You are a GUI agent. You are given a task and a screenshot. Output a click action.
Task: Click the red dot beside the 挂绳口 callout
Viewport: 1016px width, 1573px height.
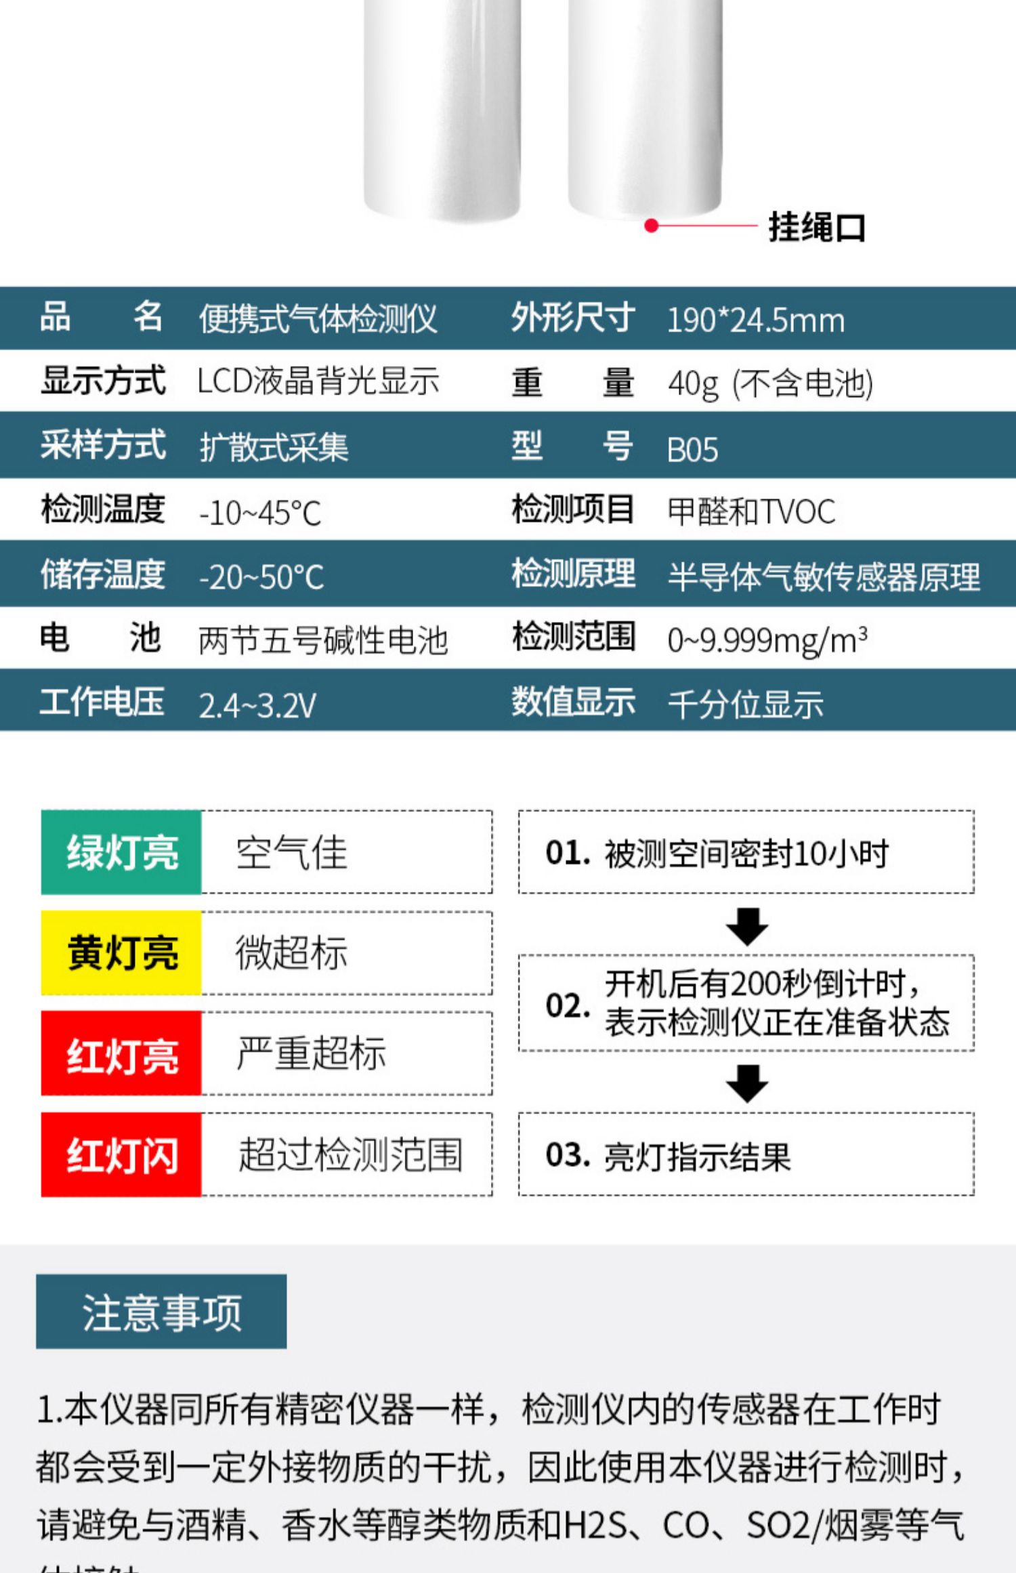(652, 226)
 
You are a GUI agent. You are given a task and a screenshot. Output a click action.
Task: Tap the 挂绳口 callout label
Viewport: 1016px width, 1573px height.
(817, 227)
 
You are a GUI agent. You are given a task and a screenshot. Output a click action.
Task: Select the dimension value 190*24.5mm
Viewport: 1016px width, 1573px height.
(756, 320)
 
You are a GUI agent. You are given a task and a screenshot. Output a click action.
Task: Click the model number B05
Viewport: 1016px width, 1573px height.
(692, 449)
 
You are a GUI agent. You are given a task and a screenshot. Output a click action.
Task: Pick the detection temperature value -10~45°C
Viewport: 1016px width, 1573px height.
(260, 513)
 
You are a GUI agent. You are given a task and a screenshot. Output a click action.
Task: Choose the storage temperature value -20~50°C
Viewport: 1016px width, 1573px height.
(261, 577)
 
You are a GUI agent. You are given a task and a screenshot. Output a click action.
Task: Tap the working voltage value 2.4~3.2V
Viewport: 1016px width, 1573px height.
(257, 706)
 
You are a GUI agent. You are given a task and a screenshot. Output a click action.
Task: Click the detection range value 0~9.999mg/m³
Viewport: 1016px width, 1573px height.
(767, 640)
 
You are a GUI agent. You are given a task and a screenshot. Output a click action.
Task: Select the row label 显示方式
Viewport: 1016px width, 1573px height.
(103, 380)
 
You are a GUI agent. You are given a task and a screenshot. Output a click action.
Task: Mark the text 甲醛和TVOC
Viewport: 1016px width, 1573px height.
(751, 511)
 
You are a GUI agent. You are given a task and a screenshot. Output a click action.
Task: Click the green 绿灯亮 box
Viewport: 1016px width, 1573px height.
(121, 852)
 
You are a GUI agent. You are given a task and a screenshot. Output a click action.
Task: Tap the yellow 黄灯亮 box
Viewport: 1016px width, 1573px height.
(121, 952)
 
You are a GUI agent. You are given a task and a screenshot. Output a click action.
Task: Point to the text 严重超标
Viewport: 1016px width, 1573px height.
(311, 1053)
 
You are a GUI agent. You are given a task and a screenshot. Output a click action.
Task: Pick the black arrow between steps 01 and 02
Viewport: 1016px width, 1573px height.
(747, 927)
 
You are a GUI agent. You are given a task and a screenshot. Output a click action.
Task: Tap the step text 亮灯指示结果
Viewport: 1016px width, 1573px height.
(697, 1156)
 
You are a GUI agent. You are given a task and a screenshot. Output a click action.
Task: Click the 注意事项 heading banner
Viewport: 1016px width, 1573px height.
(161, 1312)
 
